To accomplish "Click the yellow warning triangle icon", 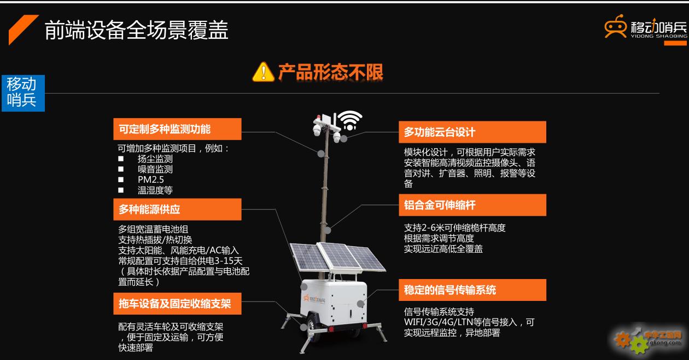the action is tap(263, 72).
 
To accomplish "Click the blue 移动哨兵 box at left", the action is tap(23, 93).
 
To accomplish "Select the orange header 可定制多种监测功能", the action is tap(177, 129).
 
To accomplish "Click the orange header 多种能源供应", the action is tap(177, 209).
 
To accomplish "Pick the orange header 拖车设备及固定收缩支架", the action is tap(177, 304).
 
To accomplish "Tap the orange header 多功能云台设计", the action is tap(472, 132).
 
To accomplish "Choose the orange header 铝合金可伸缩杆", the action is tap(472, 205).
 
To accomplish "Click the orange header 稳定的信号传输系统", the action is tap(472, 290).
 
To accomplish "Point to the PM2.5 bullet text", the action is tap(151, 179).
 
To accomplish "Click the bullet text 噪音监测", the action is tap(155, 169).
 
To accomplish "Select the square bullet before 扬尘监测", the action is tap(121, 159).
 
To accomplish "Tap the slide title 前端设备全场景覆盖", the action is tap(136, 30).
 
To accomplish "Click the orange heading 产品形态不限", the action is tap(331, 72).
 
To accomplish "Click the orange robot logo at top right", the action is tap(615, 26).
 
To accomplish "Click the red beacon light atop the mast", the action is tap(318, 117).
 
